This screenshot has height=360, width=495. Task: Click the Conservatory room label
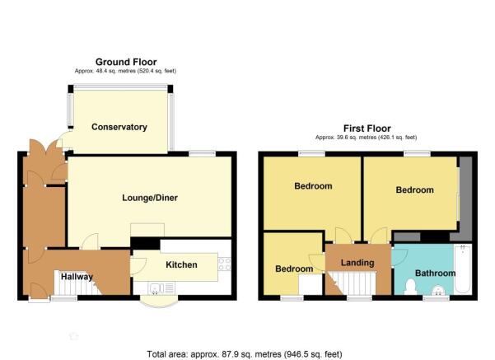119,127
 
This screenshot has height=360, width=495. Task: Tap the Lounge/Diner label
150,198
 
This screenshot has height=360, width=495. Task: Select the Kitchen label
181,264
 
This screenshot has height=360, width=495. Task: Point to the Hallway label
77,277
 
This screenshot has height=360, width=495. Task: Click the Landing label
357,263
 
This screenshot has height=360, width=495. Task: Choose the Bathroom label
436,274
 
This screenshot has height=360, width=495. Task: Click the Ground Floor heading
126,62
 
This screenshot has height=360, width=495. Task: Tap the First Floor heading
367,129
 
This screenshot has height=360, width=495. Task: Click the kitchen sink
161,288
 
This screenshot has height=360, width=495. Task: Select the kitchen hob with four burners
225,264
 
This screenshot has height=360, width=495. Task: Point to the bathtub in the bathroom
463,269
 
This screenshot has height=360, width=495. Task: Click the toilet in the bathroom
410,287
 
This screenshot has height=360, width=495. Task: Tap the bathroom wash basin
437,291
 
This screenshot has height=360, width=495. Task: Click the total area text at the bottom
245,354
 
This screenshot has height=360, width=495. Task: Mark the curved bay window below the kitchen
159,302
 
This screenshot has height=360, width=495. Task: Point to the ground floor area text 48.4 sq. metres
126,71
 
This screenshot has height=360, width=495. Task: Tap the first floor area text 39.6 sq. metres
367,138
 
